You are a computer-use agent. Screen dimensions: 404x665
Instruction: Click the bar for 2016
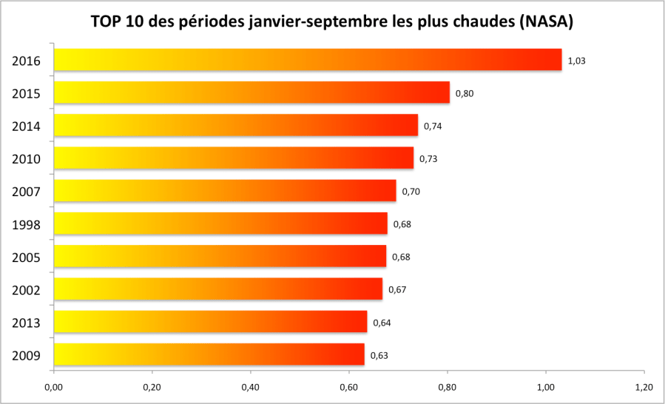coord(308,60)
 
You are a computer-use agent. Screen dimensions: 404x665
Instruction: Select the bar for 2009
coord(209,355)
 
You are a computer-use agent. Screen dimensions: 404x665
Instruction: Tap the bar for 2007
coord(225,191)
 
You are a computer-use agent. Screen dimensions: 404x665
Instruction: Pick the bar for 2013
coord(210,322)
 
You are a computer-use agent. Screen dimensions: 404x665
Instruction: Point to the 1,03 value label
coord(576,61)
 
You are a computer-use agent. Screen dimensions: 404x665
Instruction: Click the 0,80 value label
coord(464,93)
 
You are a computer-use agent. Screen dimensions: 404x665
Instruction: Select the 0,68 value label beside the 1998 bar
coord(402,224)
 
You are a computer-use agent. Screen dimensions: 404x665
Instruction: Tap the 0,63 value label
coord(379,355)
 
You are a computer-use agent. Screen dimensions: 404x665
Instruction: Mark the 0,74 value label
coord(432,126)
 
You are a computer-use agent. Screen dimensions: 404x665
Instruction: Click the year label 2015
coord(26,93)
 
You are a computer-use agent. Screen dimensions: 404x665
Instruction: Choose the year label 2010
coord(26,158)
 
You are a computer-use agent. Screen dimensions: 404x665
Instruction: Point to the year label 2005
coord(26,257)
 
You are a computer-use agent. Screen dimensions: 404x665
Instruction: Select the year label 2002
coord(26,289)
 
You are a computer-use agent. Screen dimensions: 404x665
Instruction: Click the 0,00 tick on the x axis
coord(53,387)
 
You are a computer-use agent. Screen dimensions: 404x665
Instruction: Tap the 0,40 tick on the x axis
coord(250,387)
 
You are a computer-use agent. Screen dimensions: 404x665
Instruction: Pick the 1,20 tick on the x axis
coord(644,387)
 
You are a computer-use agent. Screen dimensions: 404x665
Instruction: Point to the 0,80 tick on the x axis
coord(447,387)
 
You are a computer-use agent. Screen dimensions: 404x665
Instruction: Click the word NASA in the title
coord(546,22)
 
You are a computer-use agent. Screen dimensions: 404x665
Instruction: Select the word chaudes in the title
coord(475,22)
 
